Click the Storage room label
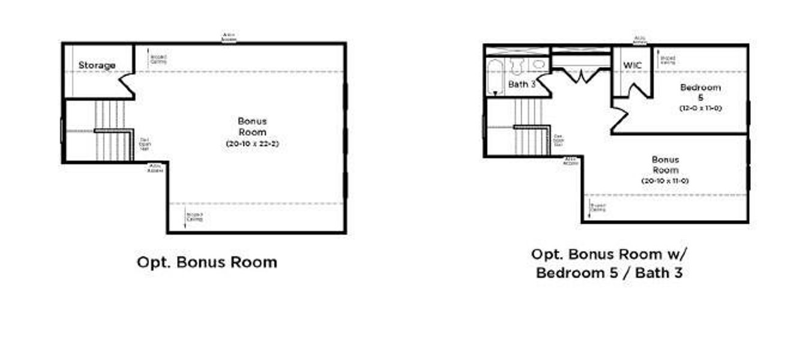coord(97,65)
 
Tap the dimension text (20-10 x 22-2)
coord(252,143)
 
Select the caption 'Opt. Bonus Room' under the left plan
coord(207,262)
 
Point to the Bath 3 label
coord(522,85)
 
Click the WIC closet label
coord(632,65)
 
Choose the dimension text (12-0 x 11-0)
coord(700,109)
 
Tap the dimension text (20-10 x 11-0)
coord(665,181)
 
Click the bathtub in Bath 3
coord(496,76)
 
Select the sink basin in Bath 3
coord(539,64)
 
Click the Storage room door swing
coord(127,85)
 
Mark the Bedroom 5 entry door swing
coord(619,118)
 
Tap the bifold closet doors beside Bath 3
coord(581,76)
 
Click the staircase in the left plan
coord(112,131)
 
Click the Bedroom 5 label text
coord(700,92)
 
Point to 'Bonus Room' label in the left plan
coord(252,127)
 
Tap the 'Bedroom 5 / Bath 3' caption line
coord(609,273)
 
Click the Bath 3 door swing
coord(544,85)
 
